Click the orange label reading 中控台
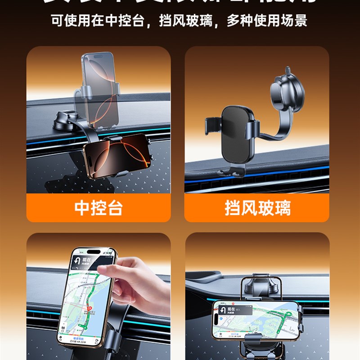(x=98, y=208)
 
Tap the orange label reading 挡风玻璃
(x=257, y=208)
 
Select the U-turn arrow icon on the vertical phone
(x=77, y=261)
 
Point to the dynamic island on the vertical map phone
(x=93, y=252)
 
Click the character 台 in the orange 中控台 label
(x=114, y=208)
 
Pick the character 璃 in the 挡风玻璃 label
(x=282, y=208)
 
